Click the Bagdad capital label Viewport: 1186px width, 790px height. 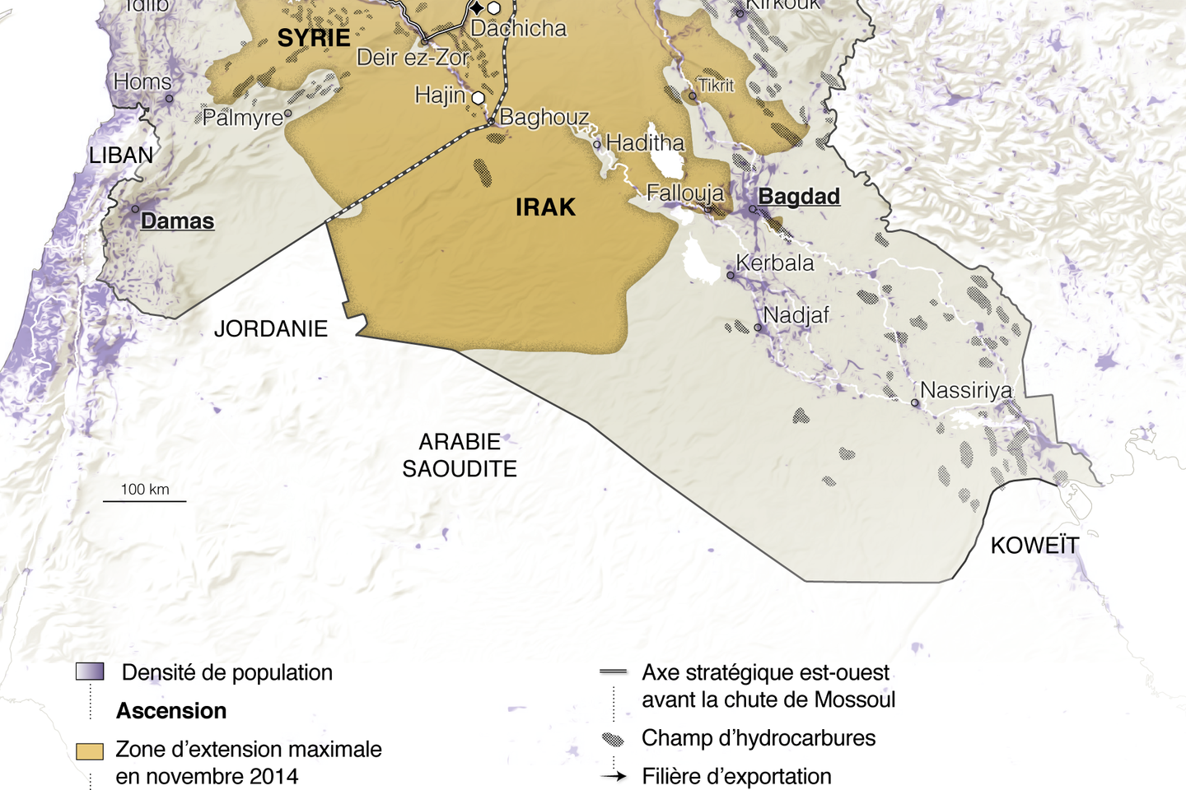coord(798,197)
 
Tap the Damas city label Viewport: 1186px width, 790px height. coord(177,221)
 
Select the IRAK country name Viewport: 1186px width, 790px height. coord(545,207)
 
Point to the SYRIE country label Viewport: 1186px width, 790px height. coord(314,38)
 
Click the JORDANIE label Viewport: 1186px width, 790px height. coord(271,329)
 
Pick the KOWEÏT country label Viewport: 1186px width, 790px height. coord(1034,546)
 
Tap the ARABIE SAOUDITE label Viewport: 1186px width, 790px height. coord(460,455)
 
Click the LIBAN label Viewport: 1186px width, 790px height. coord(121,156)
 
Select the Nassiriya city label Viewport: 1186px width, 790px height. coord(965,390)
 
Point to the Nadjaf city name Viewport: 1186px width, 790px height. coord(796,315)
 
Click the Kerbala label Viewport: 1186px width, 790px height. coord(774,263)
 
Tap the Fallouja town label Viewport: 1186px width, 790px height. coord(684,193)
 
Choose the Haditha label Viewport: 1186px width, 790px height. coord(645,143)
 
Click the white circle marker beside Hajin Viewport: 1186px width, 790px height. coord(478,98)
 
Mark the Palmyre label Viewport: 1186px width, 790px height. coord(242,118)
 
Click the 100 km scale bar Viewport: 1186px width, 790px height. coord(145,500)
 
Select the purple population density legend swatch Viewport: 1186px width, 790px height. coord(90,671)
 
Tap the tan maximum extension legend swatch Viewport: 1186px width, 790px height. coord(90,751)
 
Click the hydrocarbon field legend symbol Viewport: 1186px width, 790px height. coord(613,739)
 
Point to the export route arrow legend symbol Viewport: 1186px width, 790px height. coord(614,776)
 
